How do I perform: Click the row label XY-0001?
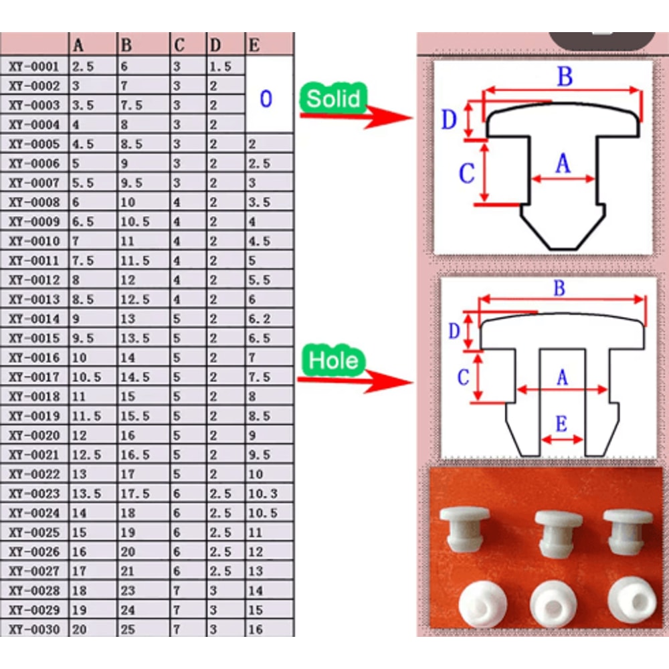35,67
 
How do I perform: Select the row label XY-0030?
35,630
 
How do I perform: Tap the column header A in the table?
79,45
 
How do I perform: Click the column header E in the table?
255,45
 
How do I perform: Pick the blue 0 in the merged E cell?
266,99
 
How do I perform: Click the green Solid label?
334,98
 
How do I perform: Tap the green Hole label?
334,361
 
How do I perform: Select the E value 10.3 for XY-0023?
263,494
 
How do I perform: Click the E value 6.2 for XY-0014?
260,319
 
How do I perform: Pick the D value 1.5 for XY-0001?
220,67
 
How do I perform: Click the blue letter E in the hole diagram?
561,423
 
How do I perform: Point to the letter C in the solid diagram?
466,173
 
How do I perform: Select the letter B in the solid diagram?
565,77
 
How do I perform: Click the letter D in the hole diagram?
454,330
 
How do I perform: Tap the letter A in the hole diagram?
562,378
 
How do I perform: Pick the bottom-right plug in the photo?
628,603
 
